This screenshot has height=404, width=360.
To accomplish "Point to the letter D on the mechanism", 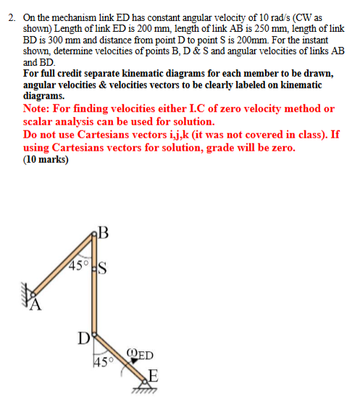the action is (83, 337).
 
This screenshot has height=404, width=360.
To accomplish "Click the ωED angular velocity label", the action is (139, 355).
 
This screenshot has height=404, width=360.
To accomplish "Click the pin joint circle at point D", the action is (93, 337).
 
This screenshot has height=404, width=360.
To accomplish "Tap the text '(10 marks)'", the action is (46, 160).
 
